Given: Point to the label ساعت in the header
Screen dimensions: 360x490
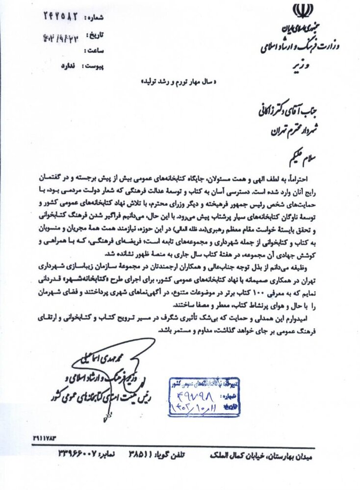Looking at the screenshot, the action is tap(94, 50).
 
